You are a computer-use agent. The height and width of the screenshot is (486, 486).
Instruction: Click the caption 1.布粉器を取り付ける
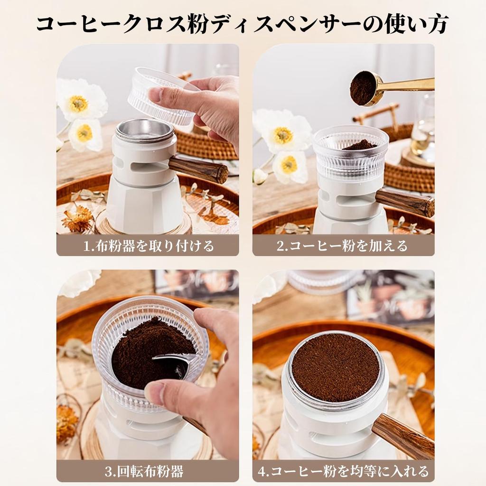tap(148, 246)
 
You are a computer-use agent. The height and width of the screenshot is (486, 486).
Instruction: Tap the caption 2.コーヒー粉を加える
tap(343, 246)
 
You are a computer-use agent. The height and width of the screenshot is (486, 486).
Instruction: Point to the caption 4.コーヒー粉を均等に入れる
tap(343, 472)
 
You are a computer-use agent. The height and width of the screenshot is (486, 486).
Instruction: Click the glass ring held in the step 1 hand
tap(161, 97)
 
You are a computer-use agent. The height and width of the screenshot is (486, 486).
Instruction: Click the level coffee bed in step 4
tap(336, 367)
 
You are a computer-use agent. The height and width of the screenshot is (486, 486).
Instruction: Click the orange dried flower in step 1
tap(77, 220)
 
